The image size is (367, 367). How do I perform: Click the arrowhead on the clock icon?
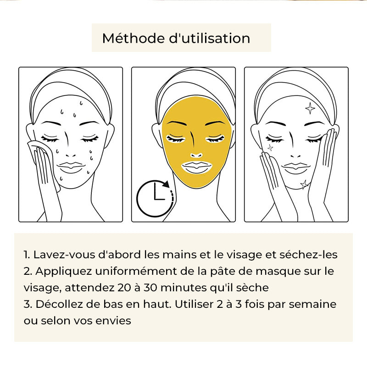tap(166, 184)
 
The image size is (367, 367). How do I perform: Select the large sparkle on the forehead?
tap(310, 108)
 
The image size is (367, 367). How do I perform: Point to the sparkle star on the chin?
tap(305, 185)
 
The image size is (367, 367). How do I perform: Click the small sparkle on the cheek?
tap(270, 147)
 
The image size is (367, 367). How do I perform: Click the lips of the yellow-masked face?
tap(197, 167)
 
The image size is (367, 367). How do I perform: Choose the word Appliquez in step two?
tap(63, 272)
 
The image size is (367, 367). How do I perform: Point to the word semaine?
tap(312, 304)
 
